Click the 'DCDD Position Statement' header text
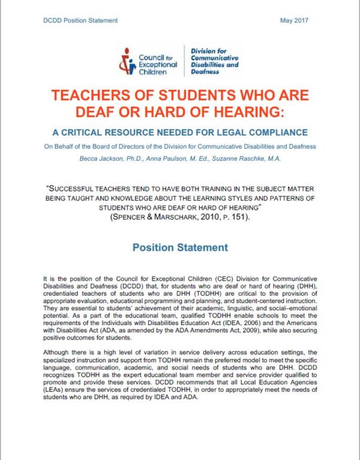[x=80, y=20]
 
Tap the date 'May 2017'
[x=293, y=20]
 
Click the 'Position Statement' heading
[x=180, y=247]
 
